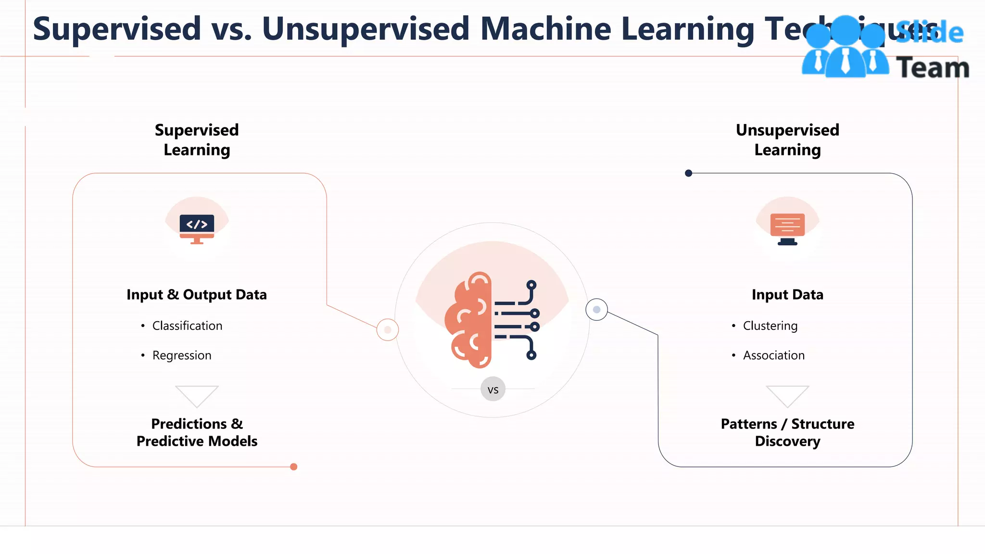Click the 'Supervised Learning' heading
(x=197, y=139)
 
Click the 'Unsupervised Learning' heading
(x=787, y=139)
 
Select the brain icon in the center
(x=492, y=320)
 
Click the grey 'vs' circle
(x=493, y=389)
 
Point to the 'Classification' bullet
(x=187, y=326)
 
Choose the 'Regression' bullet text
(x=182, y=355)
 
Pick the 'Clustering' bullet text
(x=770, y=326)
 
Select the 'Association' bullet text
(x=773, y=355)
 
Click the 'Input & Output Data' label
(x=197, y=294)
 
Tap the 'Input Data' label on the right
(x=787, y=294)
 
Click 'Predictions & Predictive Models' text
(x=197, y=432)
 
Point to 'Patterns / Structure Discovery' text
(x=787, y=432)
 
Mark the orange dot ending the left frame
(x=294, y=466)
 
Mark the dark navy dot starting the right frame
(x=689, y=173)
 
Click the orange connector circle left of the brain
(x=388, y=330)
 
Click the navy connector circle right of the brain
(x=596, y=310)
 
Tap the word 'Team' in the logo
(x=933, y=68)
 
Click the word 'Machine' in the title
(x=545, y=29)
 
